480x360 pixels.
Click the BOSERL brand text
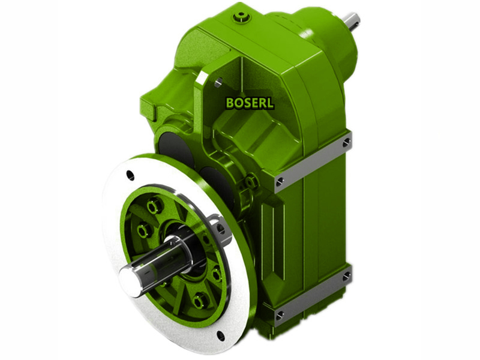tap(250, 103)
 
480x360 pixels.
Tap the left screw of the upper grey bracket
tap(280, 180)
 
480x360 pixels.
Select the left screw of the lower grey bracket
tap(280, 314)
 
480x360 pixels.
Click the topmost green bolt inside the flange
tap(155, 206)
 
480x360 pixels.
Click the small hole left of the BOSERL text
tap(218, 82)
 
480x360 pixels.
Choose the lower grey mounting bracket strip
tap(312, 295)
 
